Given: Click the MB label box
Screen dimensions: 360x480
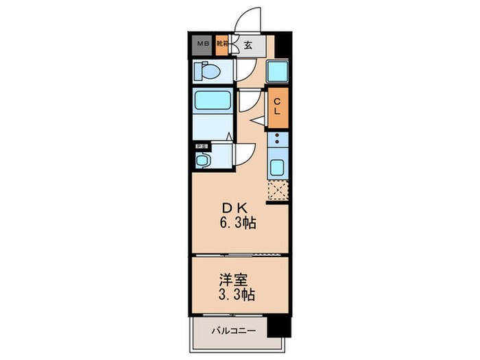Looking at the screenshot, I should (202, 46).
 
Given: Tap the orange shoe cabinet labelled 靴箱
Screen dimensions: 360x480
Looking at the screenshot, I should (221, 46).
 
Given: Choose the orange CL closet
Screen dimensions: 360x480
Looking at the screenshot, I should (278, 107).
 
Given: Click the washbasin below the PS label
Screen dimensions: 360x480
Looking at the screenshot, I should (202, 160).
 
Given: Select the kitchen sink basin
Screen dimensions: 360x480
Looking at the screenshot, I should (278, 167).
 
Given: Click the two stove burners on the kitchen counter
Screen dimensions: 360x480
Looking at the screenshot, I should (278, 141).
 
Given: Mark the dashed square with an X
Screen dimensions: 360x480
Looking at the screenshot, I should (278, 191).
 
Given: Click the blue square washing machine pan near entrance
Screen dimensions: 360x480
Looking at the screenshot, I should (277, 71).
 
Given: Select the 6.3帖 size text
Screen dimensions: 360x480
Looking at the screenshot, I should (239, 224).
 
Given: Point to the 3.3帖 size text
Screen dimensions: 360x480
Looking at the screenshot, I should (239, 296).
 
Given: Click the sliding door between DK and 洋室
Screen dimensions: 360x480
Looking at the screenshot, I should (239, 255).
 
